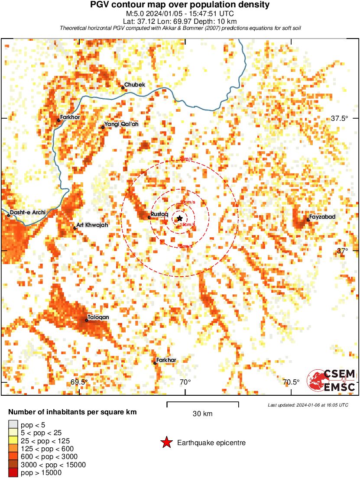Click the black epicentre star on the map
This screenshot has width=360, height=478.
(180, 219)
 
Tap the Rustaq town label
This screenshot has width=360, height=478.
(159, 214)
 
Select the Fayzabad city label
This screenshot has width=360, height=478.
(323, 216)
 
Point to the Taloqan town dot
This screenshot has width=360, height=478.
(87, 320)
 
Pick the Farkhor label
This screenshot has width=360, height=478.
(71, 117)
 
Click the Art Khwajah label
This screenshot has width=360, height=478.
(92, 225)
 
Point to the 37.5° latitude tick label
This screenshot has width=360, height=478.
(340, 118)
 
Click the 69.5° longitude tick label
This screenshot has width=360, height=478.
(79, 382)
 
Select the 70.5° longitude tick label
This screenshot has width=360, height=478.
(291, 382)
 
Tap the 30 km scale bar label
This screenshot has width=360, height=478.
(202, 413)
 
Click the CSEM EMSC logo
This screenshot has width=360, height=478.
(331, 380)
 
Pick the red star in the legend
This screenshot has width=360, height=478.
(166, 442)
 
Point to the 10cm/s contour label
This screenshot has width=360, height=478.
(188, 202)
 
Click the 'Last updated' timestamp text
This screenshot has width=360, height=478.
(308, 405)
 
